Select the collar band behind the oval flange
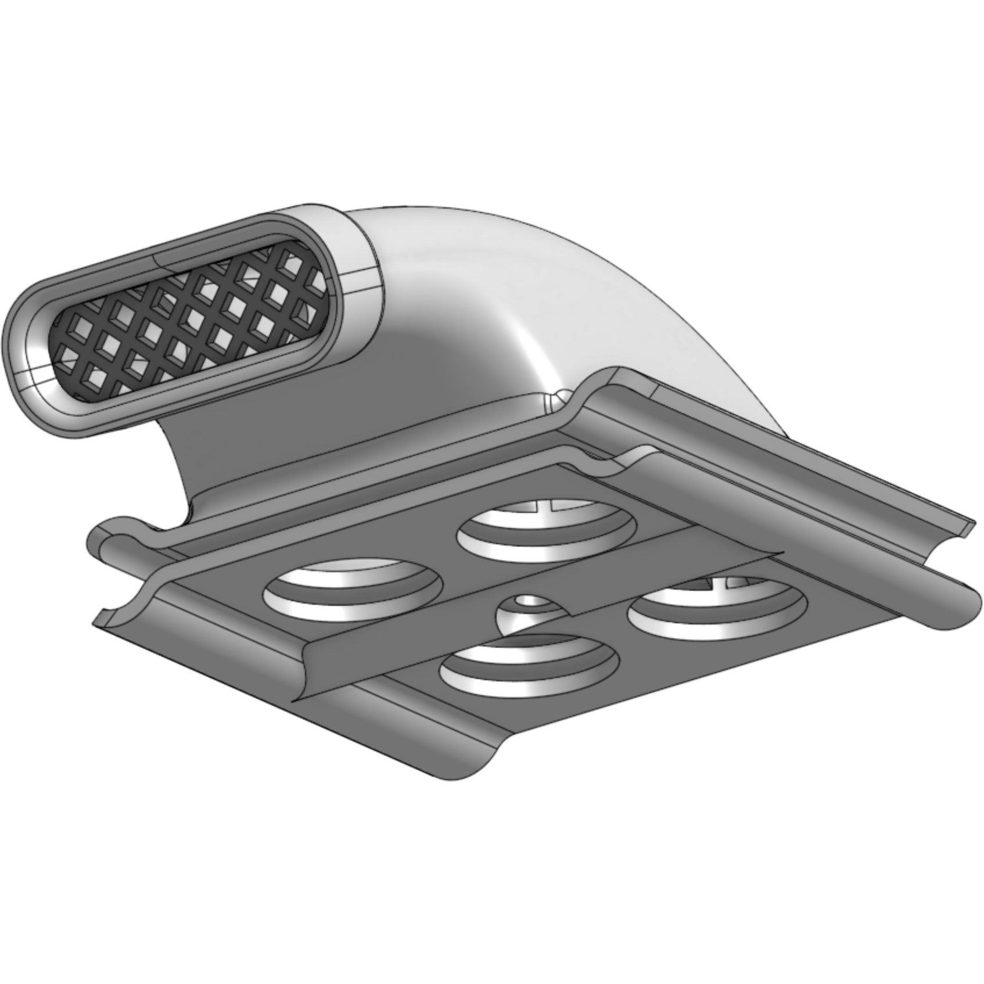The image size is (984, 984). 360,256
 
